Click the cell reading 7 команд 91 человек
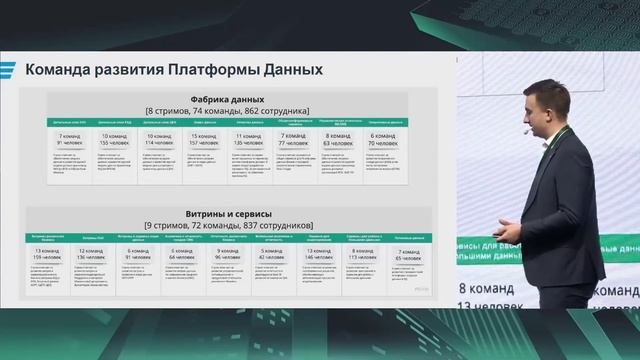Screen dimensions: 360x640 coord(69,140)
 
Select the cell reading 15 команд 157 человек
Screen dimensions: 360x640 coord(206,140)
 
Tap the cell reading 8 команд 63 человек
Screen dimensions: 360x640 coord(341,140)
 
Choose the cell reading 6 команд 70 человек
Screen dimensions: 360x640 coord(386,140)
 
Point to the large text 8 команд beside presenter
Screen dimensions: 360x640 coord(485,290)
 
